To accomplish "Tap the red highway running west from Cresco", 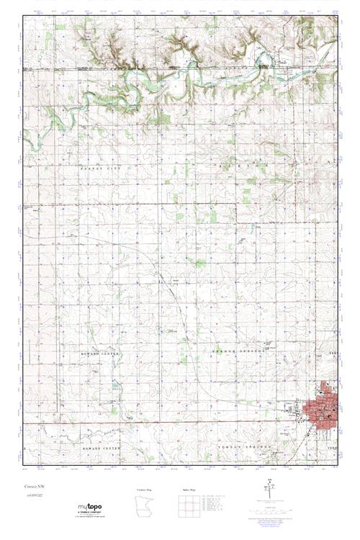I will pos(180,422).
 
